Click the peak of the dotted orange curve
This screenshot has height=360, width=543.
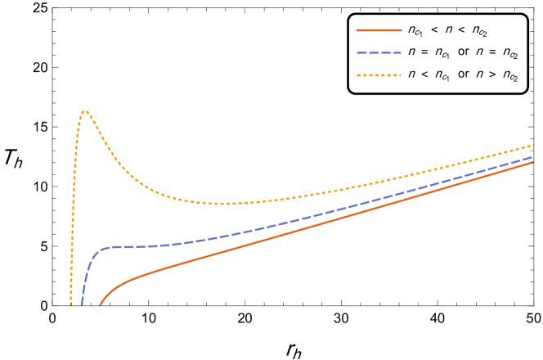(x=85, y=111)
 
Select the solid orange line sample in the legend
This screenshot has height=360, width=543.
(x=379, y=30)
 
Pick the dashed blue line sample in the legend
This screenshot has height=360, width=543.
(x=379, y=52)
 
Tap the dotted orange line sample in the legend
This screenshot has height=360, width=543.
(x=379, y=75)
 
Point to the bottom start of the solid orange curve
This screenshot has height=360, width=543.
(x=101, y=304)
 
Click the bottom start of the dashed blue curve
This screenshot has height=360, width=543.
(x=82, y=304)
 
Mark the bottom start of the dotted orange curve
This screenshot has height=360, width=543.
(x=70, y=304)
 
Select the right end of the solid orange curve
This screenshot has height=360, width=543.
(x=532, y=162)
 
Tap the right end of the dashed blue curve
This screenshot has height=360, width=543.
(x=532, y=157)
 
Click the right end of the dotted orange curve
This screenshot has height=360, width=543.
(x=532, y=146)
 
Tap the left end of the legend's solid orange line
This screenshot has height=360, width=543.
(x=358, y=30)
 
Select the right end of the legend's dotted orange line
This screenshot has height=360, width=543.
(x=401, y=75)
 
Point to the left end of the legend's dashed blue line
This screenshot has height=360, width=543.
(x=358, y=52)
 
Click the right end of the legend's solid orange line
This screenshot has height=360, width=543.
(x=401, y=30)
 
